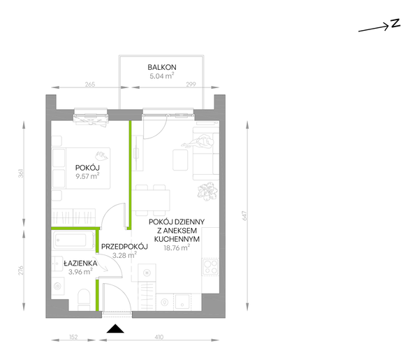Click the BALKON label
pyautogui.click(x=161, y=67)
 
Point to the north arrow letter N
pyautogui.click(x=395, y=23)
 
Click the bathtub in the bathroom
pyautogui.click(x=74, y=243)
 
